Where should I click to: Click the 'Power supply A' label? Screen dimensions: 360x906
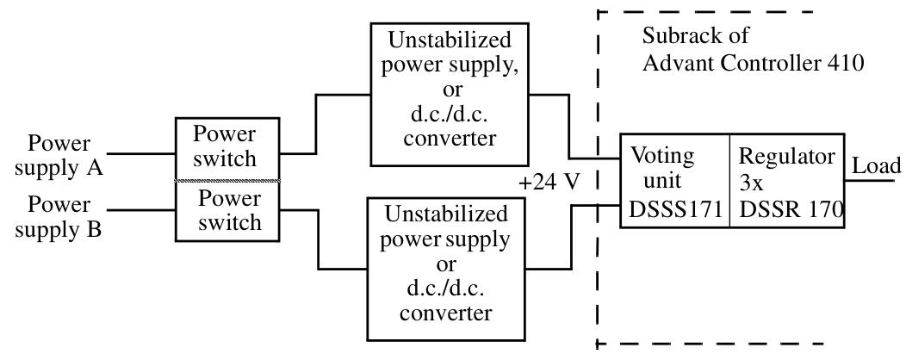point(59,155)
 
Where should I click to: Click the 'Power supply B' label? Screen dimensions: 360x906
point(59,217)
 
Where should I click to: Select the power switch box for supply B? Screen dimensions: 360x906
point(227,210)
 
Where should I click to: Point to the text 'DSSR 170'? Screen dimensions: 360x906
point(791,209)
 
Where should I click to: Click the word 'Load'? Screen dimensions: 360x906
point(877,166)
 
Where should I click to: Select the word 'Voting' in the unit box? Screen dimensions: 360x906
point(662,157)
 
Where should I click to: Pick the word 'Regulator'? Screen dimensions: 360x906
point(787,157)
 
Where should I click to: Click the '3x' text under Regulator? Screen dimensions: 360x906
point(751,183)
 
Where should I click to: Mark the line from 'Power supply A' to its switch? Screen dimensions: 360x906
point(140,154)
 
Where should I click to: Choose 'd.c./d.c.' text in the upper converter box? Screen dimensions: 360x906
point(448,115)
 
